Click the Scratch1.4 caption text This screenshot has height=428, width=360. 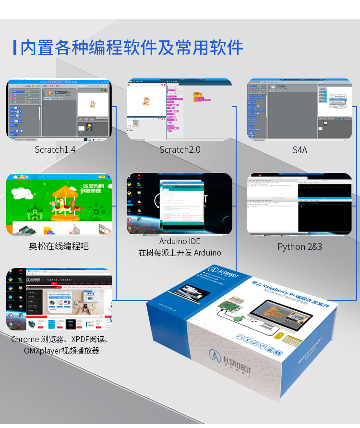coord(55,149)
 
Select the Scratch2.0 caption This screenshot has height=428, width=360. coord(180,149)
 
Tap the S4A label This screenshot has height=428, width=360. coord(300,150)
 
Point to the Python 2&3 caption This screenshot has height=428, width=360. coord(300,246)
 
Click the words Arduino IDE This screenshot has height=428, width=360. coord(180,241)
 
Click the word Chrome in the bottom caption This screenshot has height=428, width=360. coord(25,340)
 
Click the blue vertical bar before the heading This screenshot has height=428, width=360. coord(15,48)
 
